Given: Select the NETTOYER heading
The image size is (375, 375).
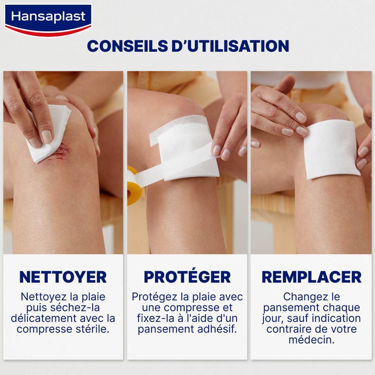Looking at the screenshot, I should [63, 277].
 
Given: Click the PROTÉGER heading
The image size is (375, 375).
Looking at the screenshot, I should [187, 277].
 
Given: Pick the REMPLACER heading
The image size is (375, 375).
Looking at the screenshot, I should [311, 277].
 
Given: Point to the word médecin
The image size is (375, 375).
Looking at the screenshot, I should [311, 340].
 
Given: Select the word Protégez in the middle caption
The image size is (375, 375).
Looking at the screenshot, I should [154, 297].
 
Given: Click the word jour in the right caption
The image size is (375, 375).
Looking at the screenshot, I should [272, 319].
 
